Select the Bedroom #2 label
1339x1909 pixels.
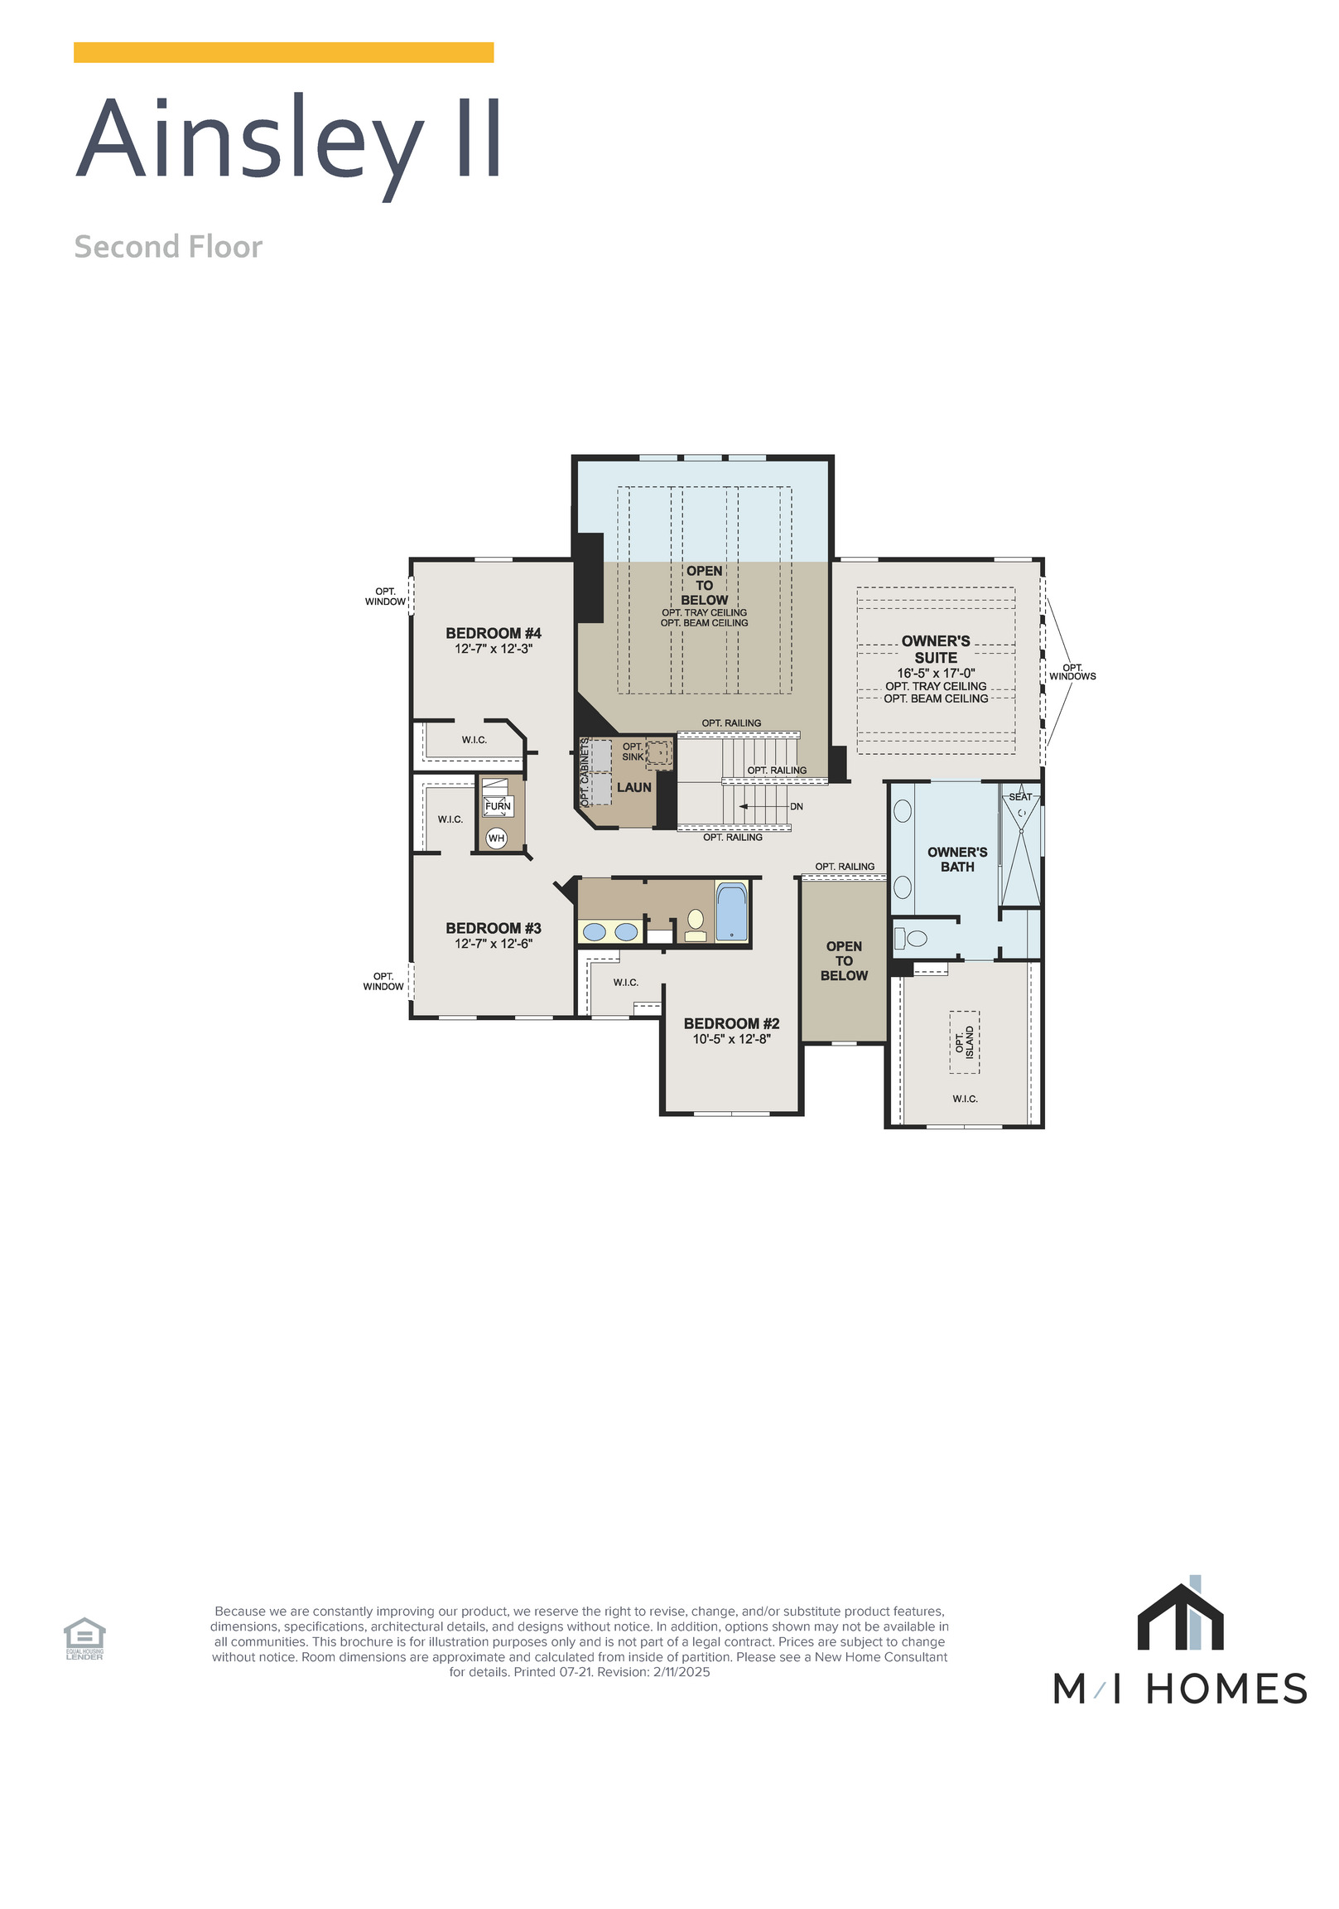click(730, 1023)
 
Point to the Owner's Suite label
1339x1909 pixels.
click(935, 649)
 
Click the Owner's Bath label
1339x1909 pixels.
click(956, 859)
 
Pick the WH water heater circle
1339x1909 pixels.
click(495, 839)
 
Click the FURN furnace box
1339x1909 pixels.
click(497, 805)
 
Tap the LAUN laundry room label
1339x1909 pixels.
click(633, 787)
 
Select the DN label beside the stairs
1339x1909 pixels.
click(796, 806)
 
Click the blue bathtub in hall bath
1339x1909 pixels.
click(730, 912)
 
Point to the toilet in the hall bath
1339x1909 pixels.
click(695, 925)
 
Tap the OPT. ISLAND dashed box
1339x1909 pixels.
click(963, 1041)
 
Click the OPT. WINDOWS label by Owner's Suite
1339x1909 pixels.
click(1072, 672)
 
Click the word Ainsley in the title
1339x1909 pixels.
click(249, 140)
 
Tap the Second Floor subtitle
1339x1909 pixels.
click(168, 247)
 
